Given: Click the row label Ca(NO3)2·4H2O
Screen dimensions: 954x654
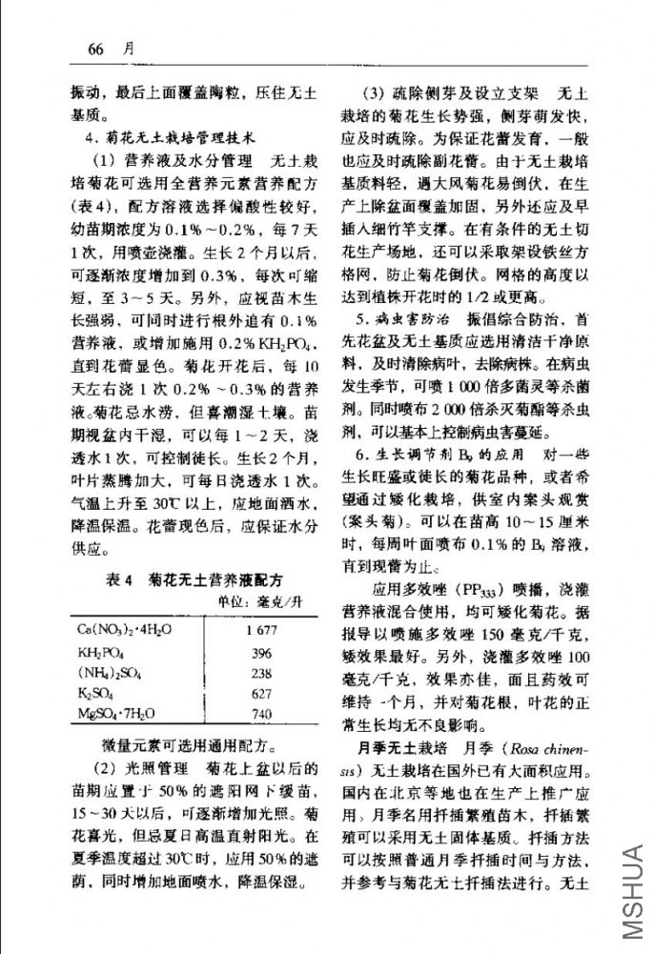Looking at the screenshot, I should [x=125, y=632].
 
